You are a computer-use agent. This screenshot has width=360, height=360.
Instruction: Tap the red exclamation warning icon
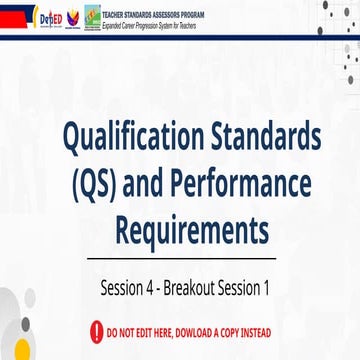[96, 330]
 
